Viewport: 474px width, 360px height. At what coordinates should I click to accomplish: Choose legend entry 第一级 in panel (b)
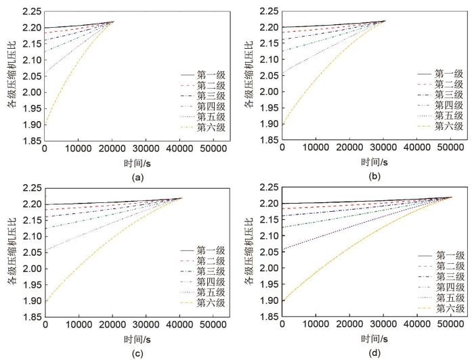coord(448,73)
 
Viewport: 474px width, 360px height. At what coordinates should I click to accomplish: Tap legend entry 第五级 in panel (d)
coord(448,297)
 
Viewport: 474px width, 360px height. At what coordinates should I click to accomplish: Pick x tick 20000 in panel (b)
coord(351,150)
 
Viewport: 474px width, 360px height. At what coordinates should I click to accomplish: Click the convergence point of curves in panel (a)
coord(113,22)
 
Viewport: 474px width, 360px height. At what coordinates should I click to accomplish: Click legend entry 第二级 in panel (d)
coord(448,265)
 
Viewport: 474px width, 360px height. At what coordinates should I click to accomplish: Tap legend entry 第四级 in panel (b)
coord(448,105)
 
